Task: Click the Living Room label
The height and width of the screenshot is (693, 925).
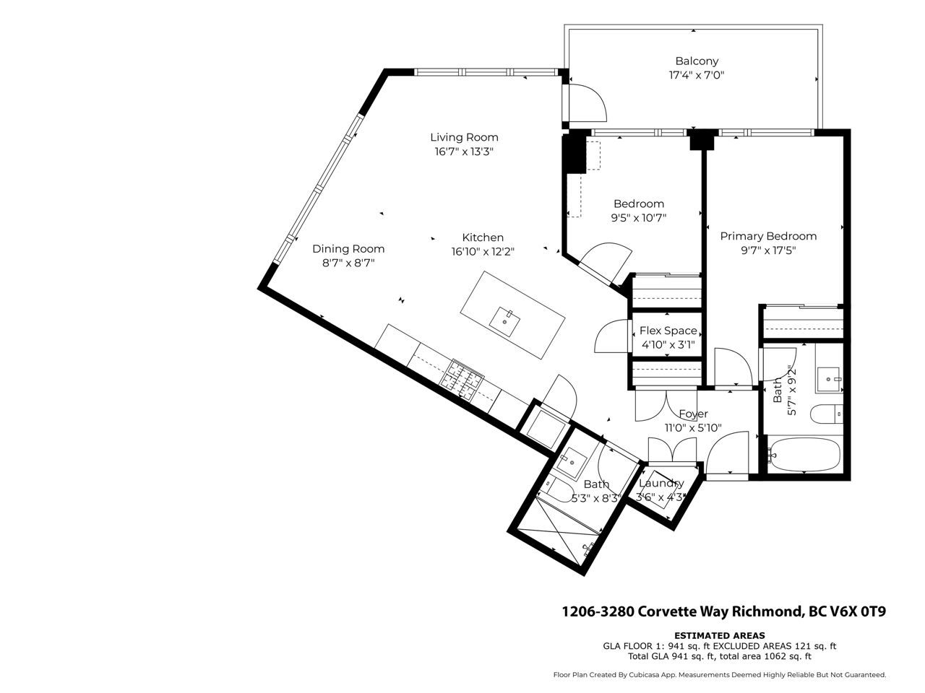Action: [x=464, y=137]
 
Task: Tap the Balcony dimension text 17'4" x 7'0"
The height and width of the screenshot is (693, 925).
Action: [x=697, y=75]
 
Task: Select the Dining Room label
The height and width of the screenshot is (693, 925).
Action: [x=348, y=248]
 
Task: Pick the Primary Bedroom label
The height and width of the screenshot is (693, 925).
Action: [x=768, y=236]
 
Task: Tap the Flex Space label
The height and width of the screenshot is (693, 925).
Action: [x=668, y=331]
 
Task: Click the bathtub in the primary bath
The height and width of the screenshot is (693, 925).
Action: [x=804, y=455]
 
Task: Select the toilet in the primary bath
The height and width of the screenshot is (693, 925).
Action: [x=827, y=414]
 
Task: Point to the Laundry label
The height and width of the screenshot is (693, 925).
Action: [x=661, y=483]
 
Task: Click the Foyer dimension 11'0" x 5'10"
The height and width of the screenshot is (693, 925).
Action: [x=693, y=428]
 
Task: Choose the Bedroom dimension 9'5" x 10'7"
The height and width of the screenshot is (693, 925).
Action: [x=639, y=218]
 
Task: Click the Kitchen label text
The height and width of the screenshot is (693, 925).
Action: [x=483, y=237]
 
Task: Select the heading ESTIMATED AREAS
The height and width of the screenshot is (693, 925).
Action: [x=719, y=636]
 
